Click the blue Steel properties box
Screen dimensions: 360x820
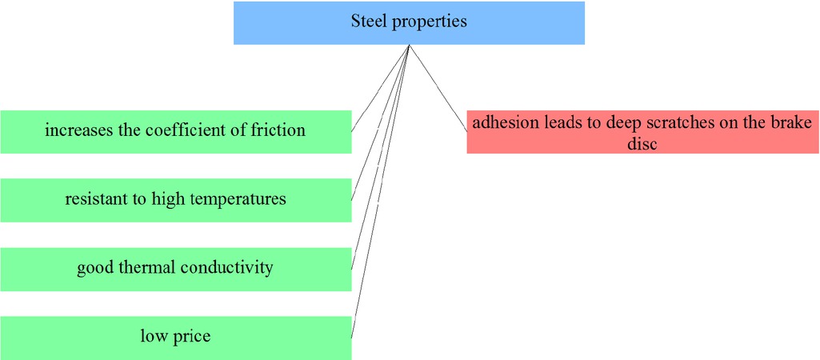[409, 22]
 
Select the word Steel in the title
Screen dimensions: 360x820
[370, 22]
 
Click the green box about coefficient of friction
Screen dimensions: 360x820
[175, 131]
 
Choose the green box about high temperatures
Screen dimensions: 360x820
[175, 200]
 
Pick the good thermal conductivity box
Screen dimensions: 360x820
[175, 269]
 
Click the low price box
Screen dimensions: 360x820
[175, 338]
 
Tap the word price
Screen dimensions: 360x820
[192, 337]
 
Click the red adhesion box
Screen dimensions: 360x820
[642, 132]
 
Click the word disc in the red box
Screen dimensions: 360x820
[642, 145]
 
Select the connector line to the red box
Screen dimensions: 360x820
[438, 88]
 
